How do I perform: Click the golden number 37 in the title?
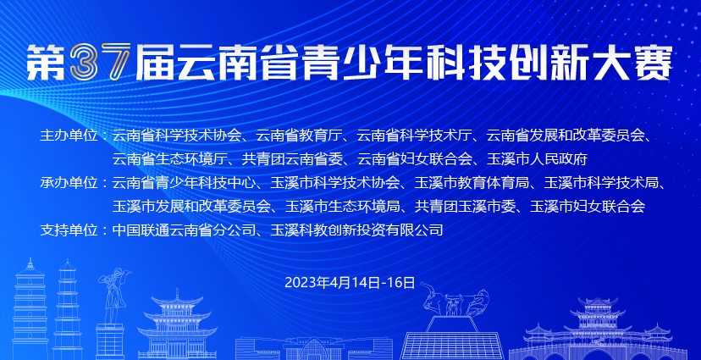point(100,63)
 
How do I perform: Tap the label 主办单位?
point(69,135)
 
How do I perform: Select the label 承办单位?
point(69,182)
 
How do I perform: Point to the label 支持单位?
point(69,230)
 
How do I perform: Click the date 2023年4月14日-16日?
point(350,283)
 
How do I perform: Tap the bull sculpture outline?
point(455,301)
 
